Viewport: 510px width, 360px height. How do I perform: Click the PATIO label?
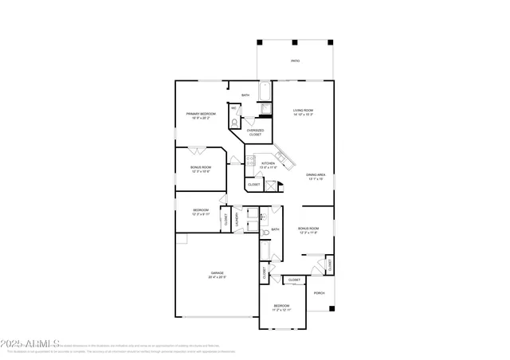click(295, 61)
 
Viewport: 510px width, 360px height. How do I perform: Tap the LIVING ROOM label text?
click(303, 110)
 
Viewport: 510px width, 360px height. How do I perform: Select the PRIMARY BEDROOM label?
click(201, 114)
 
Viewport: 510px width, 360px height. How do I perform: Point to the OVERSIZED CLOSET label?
click(255, 132)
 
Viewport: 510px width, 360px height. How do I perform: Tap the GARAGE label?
click(217, 272)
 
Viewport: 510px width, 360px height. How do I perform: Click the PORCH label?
click(319, 292)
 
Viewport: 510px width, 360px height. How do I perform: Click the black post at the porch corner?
click(333, 308)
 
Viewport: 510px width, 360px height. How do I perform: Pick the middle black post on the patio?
click(294, 42)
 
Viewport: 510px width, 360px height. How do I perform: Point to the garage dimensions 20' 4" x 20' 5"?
click(217, 277)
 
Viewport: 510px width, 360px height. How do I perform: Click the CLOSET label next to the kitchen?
click(253, 185)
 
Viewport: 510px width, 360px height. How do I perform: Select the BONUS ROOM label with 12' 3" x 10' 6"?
click(201, 167)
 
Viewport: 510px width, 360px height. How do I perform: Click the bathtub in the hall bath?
click(264, 253)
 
